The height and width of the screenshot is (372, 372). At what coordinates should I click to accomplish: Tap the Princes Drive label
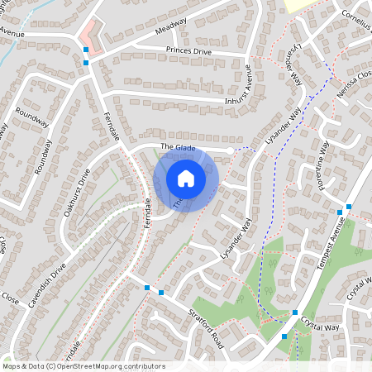tap(188, 50)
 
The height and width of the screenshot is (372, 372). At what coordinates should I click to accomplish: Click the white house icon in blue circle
tap(186, 178)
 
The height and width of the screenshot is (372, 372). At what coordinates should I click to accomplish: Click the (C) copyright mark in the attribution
tap(50, 365)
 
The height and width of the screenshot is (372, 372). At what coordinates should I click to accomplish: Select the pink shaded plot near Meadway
tap(91, 37)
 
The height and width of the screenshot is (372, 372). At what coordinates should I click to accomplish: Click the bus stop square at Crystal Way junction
tap(295, 312)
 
